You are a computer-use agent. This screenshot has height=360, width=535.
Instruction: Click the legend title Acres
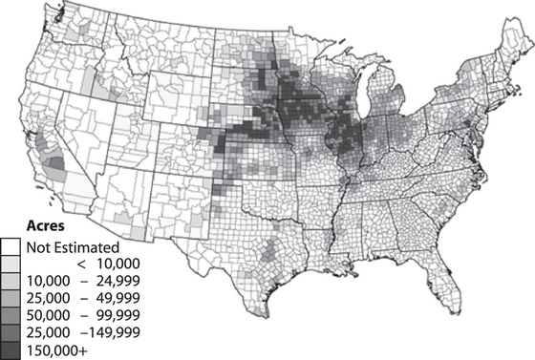pos(46,227)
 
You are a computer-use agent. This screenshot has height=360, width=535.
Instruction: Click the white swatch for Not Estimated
pos(11,247)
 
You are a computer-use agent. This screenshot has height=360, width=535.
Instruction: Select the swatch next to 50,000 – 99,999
pos(11,316)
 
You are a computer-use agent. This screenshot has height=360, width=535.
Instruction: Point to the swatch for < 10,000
pos(11,265)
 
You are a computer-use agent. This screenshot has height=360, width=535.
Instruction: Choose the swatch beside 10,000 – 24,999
pos(11,282)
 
